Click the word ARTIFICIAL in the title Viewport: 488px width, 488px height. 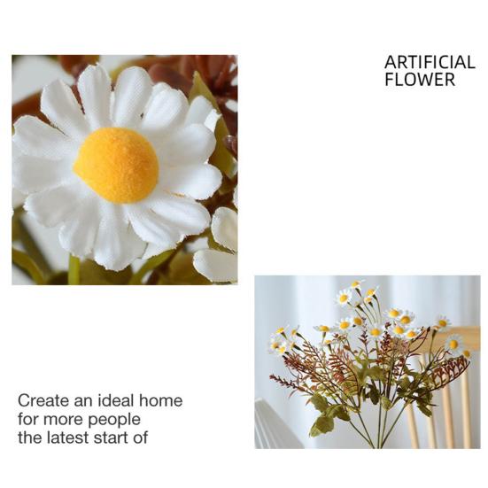pyautogui.click(x=430, y=63)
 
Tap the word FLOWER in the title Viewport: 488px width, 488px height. pyautogui.click(x=420, y=80)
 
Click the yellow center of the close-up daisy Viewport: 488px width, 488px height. pyautogui.click(x=116, y=165)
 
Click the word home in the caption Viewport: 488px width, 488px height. pyautogui.click(x=162, y=400)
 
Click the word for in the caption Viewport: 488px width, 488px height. pyautogui.click(x=28, y=419)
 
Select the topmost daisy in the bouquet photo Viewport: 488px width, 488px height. pyautogui.click(x=356, y=285)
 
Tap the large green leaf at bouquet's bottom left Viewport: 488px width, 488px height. pyautogui.click(x=321, y=424)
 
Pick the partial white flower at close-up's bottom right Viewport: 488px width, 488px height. pyautogui.click(x=218, y=263)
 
